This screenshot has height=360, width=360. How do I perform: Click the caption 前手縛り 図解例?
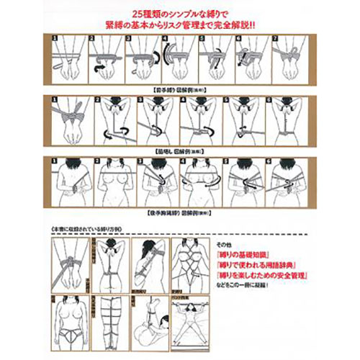pyautogui.click(x=181, y=90)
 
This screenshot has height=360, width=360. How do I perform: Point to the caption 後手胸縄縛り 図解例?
pyautogui.click(x=181, y=214)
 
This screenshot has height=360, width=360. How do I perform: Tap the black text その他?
pyautogui.click(x=223, y=245)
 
